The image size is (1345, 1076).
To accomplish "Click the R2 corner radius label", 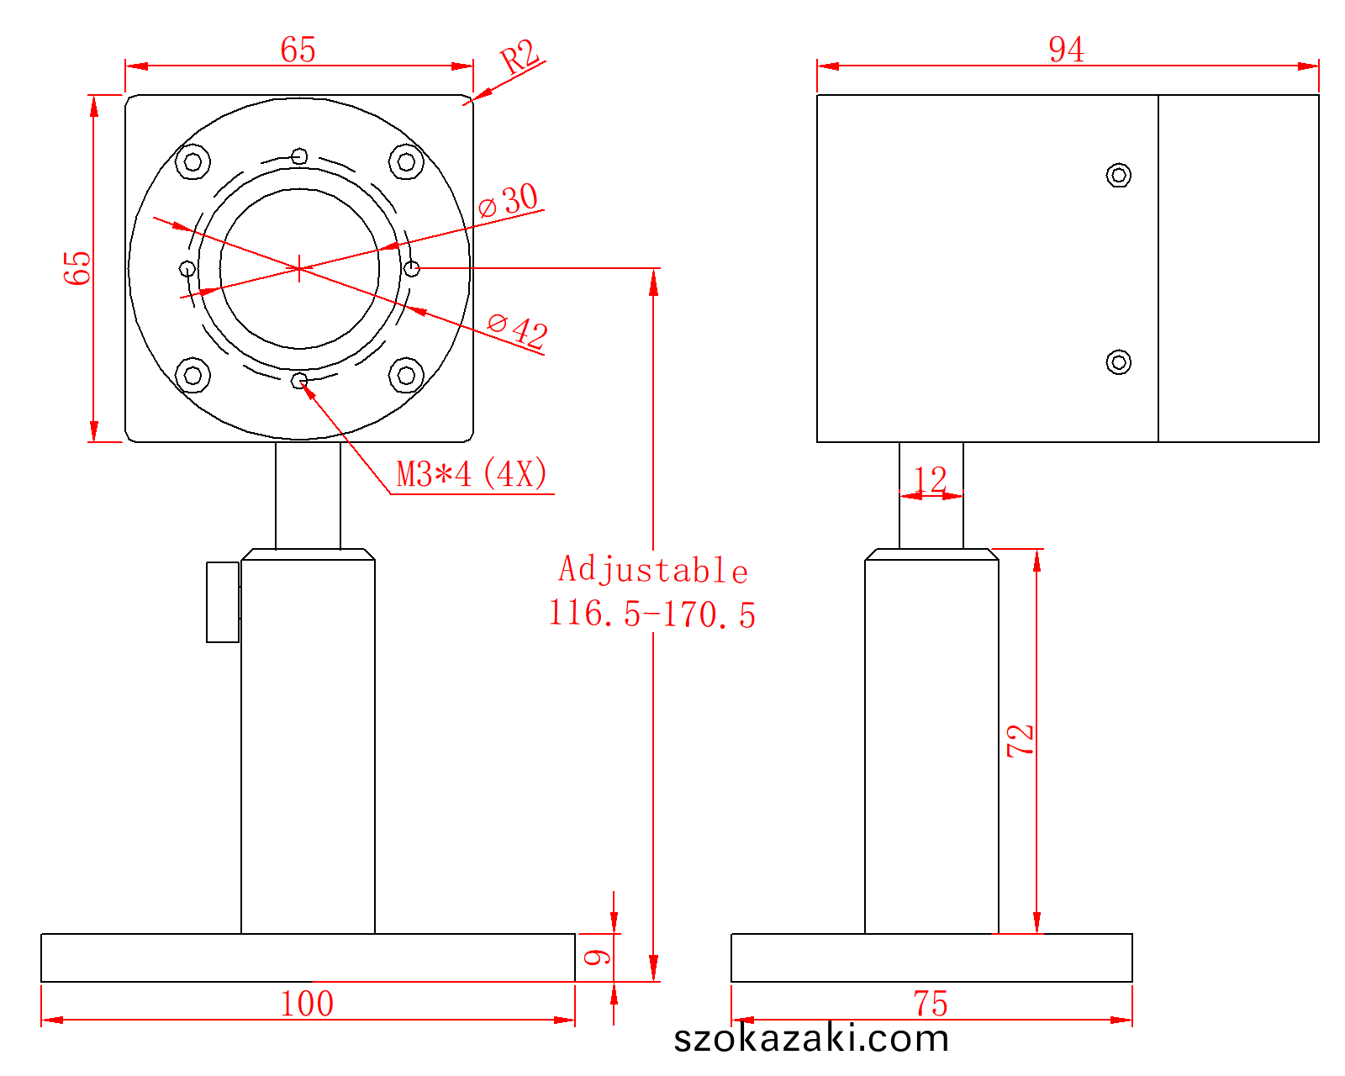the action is click(x=520, y=56).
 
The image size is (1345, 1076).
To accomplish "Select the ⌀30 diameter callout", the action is click(x=508, y=200).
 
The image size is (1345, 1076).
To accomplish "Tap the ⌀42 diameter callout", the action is click(x=518, y=330).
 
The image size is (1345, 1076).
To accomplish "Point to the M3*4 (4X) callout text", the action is click(x=472, y=473).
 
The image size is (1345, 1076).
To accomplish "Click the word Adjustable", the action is click(x=653, y=570).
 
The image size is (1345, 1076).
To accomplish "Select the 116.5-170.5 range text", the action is click(x=651, y=614).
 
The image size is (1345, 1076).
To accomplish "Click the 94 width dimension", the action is click(x=1066, y=50).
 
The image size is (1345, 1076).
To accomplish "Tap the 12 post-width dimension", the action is click(x=930, y=480).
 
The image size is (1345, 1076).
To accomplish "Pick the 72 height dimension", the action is click(x=1020, y=741).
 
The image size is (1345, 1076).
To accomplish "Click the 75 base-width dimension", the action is click(x=931, y=1004).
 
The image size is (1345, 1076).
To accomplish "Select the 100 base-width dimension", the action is click(x=307, y=1004).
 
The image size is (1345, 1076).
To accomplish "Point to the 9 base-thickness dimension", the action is click(x=597, y=957).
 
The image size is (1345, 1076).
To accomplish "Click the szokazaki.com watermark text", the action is click(x=811, y=1038).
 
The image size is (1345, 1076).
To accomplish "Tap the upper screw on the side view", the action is click(x=1118, y=175).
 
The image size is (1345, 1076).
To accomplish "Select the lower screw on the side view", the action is click(x=1118, y=362).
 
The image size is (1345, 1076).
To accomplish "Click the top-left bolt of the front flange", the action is click(x=193, y=162).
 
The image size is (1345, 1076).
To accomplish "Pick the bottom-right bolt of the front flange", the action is click(x=406, y=375).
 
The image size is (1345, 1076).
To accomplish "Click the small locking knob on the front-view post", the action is click(x=223, y=602).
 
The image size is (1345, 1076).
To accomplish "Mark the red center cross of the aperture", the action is click(x=299, y=269).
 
